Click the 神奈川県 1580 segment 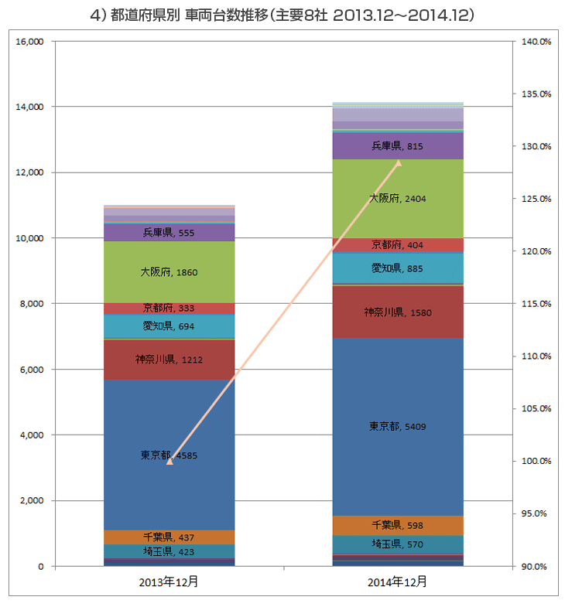pyautogui.click(x=398, y=312)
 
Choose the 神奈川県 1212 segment pyautogui.click(x=169, y=360)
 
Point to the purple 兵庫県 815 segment pyautogui.click(x=398, y=146)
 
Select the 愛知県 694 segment pyautogui.click(x=169, y=326)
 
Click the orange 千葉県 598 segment pyautogui.click(x=398, y=525)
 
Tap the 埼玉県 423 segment pyautogui.click(x=169, y=551)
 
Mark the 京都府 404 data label pyautogui.click(x=397, y=245)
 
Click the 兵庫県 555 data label pyautogui.click(x=169, y=233)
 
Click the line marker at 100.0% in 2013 pyautogui.click(x=169, y=461)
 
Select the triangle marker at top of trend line pyautogui.click(x=398, y=162)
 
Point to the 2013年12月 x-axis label pyautogui.click(x=169, y=581)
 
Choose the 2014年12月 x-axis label pyautogui.click(x=397, y=581)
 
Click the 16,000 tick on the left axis pyautogui.click(x=30, y=42)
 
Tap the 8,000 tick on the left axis pyautogui.click(x=32, y=304)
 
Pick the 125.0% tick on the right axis pyautogui.click(x=536, y=199)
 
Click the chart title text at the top pyautogui.click(x=282, y=15)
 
